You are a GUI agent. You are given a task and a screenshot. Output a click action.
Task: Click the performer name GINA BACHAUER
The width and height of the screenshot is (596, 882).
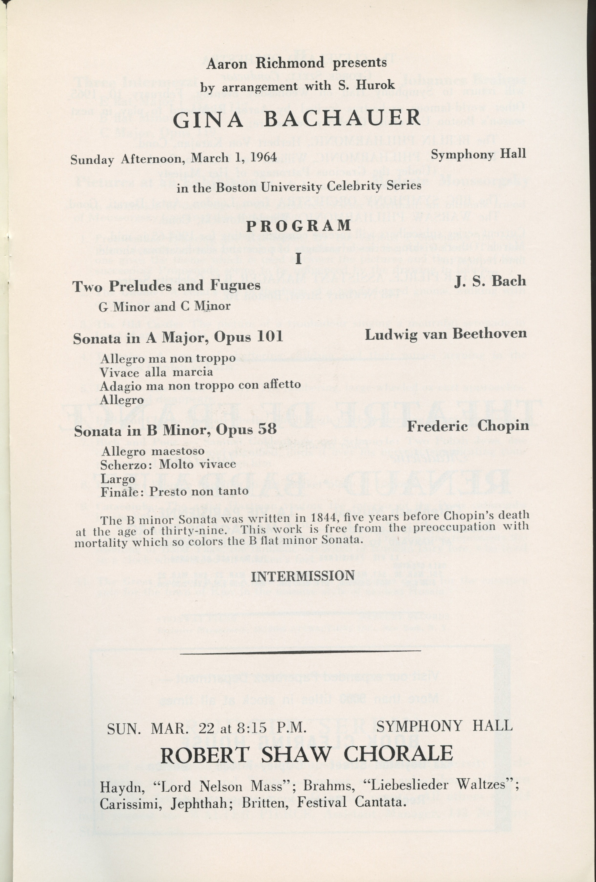(x=297, y=119)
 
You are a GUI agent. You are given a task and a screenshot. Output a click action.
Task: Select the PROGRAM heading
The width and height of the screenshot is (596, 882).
(x=298, y=226)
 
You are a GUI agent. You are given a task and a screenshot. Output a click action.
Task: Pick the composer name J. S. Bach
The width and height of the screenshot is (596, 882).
(x=490, y=281)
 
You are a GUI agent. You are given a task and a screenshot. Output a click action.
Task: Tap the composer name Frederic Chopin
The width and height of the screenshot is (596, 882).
(x=468, y=426)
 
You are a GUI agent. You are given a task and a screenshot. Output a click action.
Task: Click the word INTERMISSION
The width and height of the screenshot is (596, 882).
(x=302, y=576)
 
